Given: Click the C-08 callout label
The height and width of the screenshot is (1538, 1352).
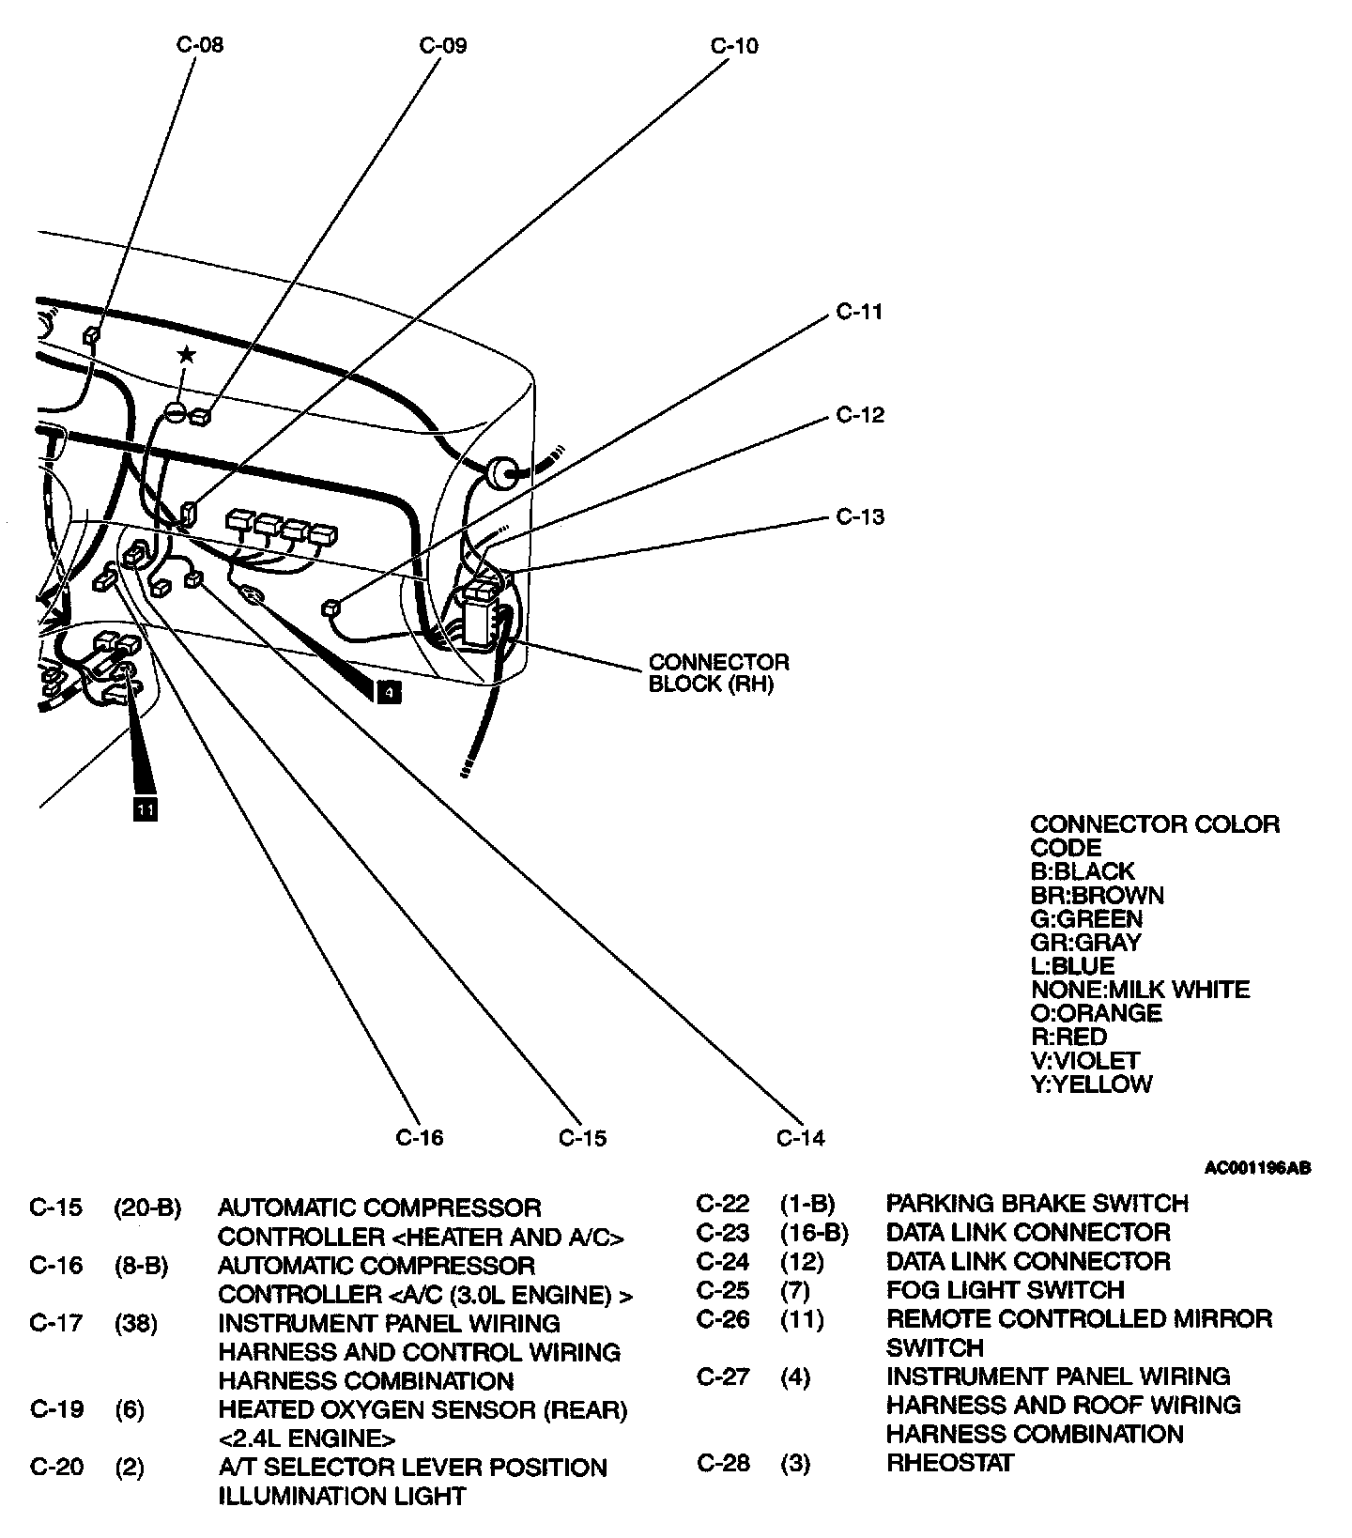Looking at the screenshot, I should point(200,44).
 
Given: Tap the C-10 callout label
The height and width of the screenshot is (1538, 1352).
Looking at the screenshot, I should point(734,45).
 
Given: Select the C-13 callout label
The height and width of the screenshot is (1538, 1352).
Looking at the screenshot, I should point(860,516).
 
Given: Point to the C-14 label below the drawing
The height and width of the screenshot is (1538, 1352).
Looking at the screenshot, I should point(800,1138).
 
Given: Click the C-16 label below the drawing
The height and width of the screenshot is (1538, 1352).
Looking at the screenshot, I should point(419,1137).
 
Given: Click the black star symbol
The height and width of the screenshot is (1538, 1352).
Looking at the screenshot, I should point(187,354).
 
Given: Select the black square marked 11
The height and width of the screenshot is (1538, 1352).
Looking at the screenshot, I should point(145,807).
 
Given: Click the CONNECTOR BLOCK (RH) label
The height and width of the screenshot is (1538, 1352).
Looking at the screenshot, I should point(719,673).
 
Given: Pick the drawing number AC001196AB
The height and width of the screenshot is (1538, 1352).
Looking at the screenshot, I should point(1257,1169).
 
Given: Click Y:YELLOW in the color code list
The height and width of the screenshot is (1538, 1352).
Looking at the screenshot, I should point(1091,1084).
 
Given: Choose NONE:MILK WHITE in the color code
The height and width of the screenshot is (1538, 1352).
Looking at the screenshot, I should point(1140,990).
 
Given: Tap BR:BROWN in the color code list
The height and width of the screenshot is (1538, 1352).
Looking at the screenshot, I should point(1097,895).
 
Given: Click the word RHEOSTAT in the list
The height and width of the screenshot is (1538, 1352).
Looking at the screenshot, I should point(949,1463).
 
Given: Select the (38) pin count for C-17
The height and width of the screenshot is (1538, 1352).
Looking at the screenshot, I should point(136,1324).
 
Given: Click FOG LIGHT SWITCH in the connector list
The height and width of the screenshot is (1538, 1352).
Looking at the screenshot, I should point(1005,1290).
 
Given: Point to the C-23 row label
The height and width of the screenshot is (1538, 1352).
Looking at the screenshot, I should point(723,1233).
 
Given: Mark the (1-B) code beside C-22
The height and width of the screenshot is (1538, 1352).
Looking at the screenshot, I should point(807,1204).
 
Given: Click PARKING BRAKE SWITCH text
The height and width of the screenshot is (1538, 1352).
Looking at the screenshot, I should point(1037,1204).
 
